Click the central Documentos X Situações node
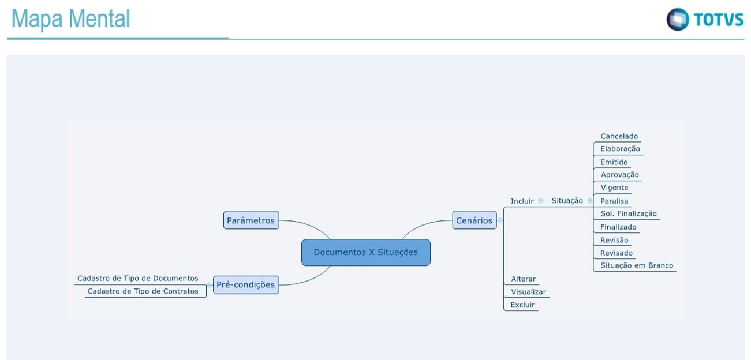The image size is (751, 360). pyautogui.click(x=365, y=252)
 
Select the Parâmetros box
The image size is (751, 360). pyautogui.click(x=251, y=220)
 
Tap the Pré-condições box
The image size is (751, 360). pyautogui.click(x=245, y=284)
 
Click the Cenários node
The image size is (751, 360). pyautogui.click(x=474, y=220)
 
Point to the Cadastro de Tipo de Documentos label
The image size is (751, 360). pyautogui.click(x=137, y=279)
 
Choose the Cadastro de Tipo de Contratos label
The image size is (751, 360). pyautogui.click(x=143, y=292)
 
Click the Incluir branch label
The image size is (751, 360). pyautogui.click(x=522, y=201)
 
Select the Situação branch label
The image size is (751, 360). pyautogui.click(x=567, y=201)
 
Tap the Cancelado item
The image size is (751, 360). pyautogui.click(x=619, y=137)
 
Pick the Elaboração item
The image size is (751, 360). pyautogui.click(x=620, y=149)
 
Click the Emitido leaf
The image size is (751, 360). pyautogui.click(x=614, y=163)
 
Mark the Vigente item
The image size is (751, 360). pyautogui.click(x=614, y=187)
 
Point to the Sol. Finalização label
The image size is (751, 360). pyautogui.click(x=628, y=214)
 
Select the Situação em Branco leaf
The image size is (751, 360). pyautogui.click(x=636, y=266)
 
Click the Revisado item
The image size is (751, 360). pyautogui.click(x=616, y=253)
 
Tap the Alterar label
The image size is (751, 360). pyautogui.click(x=523, y=279)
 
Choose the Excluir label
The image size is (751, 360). pyautogui.click(x=522, y=305)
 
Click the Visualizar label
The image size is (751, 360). pyautogui.click(x=528, y=292)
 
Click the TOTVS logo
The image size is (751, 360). pyautogui.click(x=705, y=20)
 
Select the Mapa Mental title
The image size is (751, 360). pyautogui.click(x=70, y=20)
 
